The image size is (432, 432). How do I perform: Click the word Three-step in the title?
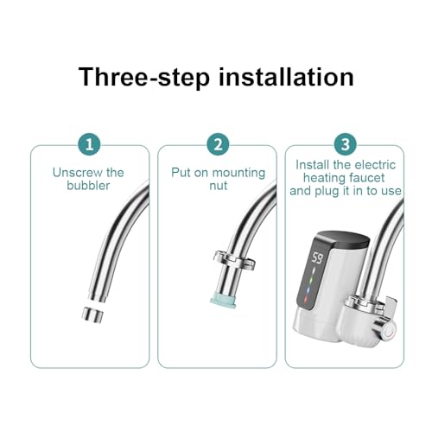[x=144, y=77]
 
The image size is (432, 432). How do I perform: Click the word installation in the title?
[x=286, y=77]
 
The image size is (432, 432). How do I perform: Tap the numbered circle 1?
[x=89, y=144]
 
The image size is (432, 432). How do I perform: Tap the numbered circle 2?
[x=218, y=144]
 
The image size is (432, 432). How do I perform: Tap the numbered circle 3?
[x=346, y=144]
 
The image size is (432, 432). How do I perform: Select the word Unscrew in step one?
[x=78, y=173]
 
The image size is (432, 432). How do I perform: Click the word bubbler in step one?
[x=88, y=186]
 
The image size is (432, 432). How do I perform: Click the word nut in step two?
[x=219, y=186]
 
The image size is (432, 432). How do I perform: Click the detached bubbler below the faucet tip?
[x=92, y=314]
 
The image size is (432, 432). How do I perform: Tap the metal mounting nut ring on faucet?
[x=234, y=260]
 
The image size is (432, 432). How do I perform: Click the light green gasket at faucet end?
[x=224, y=302]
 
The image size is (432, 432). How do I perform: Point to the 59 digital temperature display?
[x=317, y=258]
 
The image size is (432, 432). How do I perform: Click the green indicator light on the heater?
[x=311, y=280]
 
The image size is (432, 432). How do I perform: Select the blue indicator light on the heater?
[x=308, y=290]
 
